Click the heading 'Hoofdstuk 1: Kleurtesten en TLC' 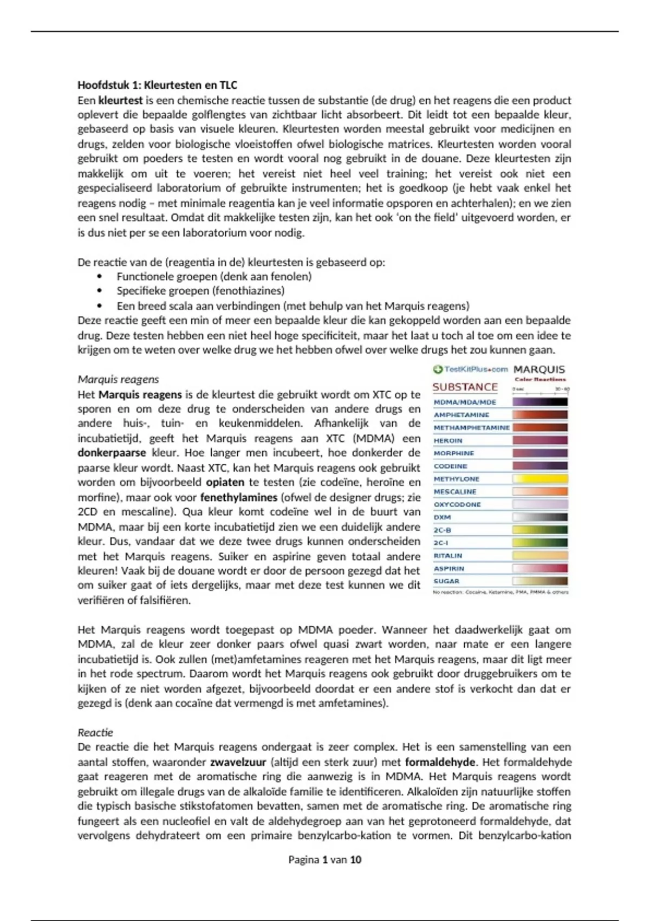[x=157, y=85]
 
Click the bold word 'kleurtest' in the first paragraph [x=120, y=100]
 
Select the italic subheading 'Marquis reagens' [x=118, y=379]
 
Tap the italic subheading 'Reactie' [x=95, y=732]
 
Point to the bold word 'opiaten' [x=225, y=482]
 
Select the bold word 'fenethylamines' [x=239, y=497]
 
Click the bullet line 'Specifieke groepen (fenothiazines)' [x=200, y=291]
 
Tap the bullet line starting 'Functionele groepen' [x=214, y=276]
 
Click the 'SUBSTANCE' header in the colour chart [x=465, y=387]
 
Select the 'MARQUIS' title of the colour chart [x=539, y=369]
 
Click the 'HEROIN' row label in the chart [x=448, y=440]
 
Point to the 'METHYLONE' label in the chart [x=457, y=479]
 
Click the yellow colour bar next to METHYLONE [x=540, y=479]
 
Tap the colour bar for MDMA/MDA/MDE [x=540, y=402]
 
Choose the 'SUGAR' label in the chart [x=446, y=581]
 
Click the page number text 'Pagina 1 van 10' [x=324, y=860]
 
